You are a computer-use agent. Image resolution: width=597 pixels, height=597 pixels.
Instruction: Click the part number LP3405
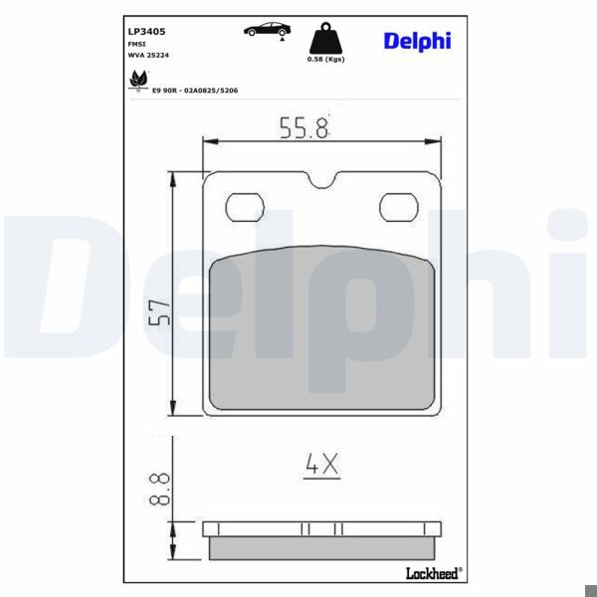[145, 18]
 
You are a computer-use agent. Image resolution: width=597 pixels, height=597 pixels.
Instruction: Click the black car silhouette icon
[264, 29]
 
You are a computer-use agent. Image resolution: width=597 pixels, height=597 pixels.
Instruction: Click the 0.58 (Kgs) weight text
[327, 60]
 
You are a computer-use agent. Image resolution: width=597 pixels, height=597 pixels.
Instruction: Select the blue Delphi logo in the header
[417, 41]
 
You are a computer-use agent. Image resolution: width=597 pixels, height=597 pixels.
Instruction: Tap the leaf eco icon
[137, 78]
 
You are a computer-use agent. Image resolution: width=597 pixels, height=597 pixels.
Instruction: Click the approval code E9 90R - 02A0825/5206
[195, 90]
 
